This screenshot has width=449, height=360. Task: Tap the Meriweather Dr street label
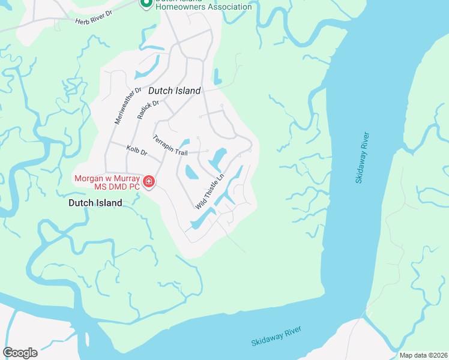(127, 106)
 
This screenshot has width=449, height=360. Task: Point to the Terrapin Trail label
(170, 145)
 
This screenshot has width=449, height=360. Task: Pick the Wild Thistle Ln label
(209, 191)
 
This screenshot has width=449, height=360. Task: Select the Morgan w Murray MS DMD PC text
(107, 182)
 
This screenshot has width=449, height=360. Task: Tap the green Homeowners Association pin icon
(145, 4)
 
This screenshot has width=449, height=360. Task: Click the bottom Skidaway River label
(277, 337)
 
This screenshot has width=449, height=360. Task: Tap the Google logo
(20, 352)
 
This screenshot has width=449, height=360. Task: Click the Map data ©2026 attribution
(423, 355)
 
